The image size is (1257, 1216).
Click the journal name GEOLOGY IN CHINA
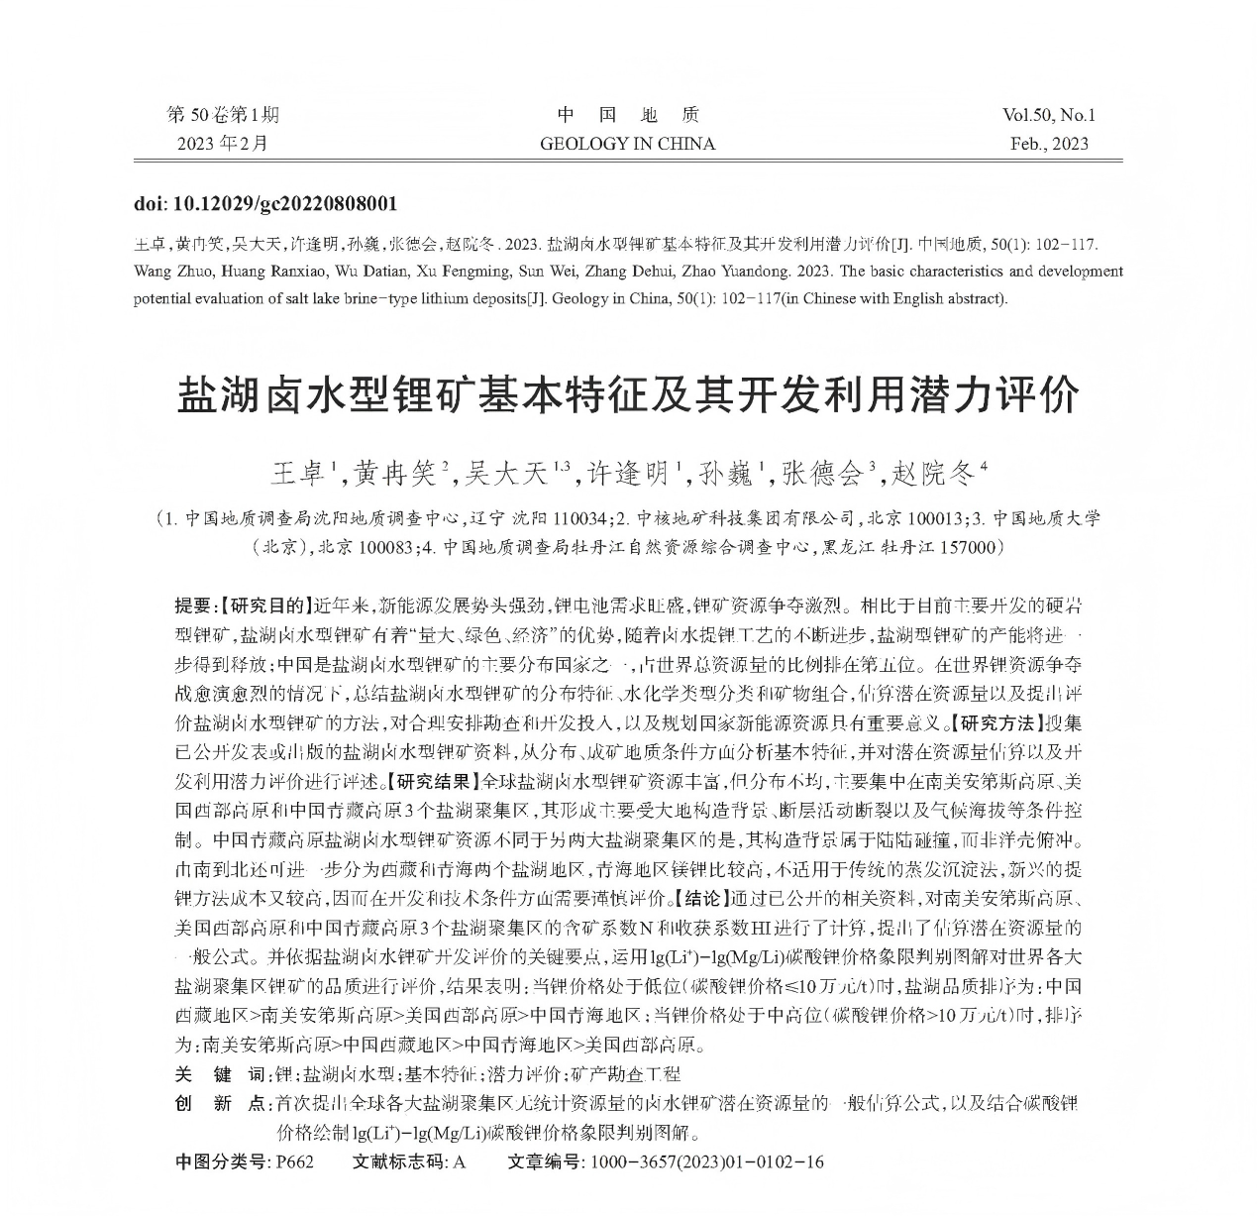[x=627, y=144]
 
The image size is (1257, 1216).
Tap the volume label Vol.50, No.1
[x=1048, y=115]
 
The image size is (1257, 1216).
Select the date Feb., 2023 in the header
[x=1049, y=144]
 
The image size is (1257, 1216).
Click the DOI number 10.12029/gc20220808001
[x=285, y=204]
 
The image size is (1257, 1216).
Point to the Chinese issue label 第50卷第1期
[x=223, y=115]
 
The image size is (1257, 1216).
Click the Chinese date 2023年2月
[x=223, y=144]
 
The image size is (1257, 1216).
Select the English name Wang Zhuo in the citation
[x=170, y=272]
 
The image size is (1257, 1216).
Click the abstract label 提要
[x=192, y=605]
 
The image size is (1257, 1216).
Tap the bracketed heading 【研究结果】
[x=430, y=780]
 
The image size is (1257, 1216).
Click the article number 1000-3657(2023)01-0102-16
[x=706, y=1161]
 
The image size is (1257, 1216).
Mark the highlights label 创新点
[x=220, y=1103]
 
